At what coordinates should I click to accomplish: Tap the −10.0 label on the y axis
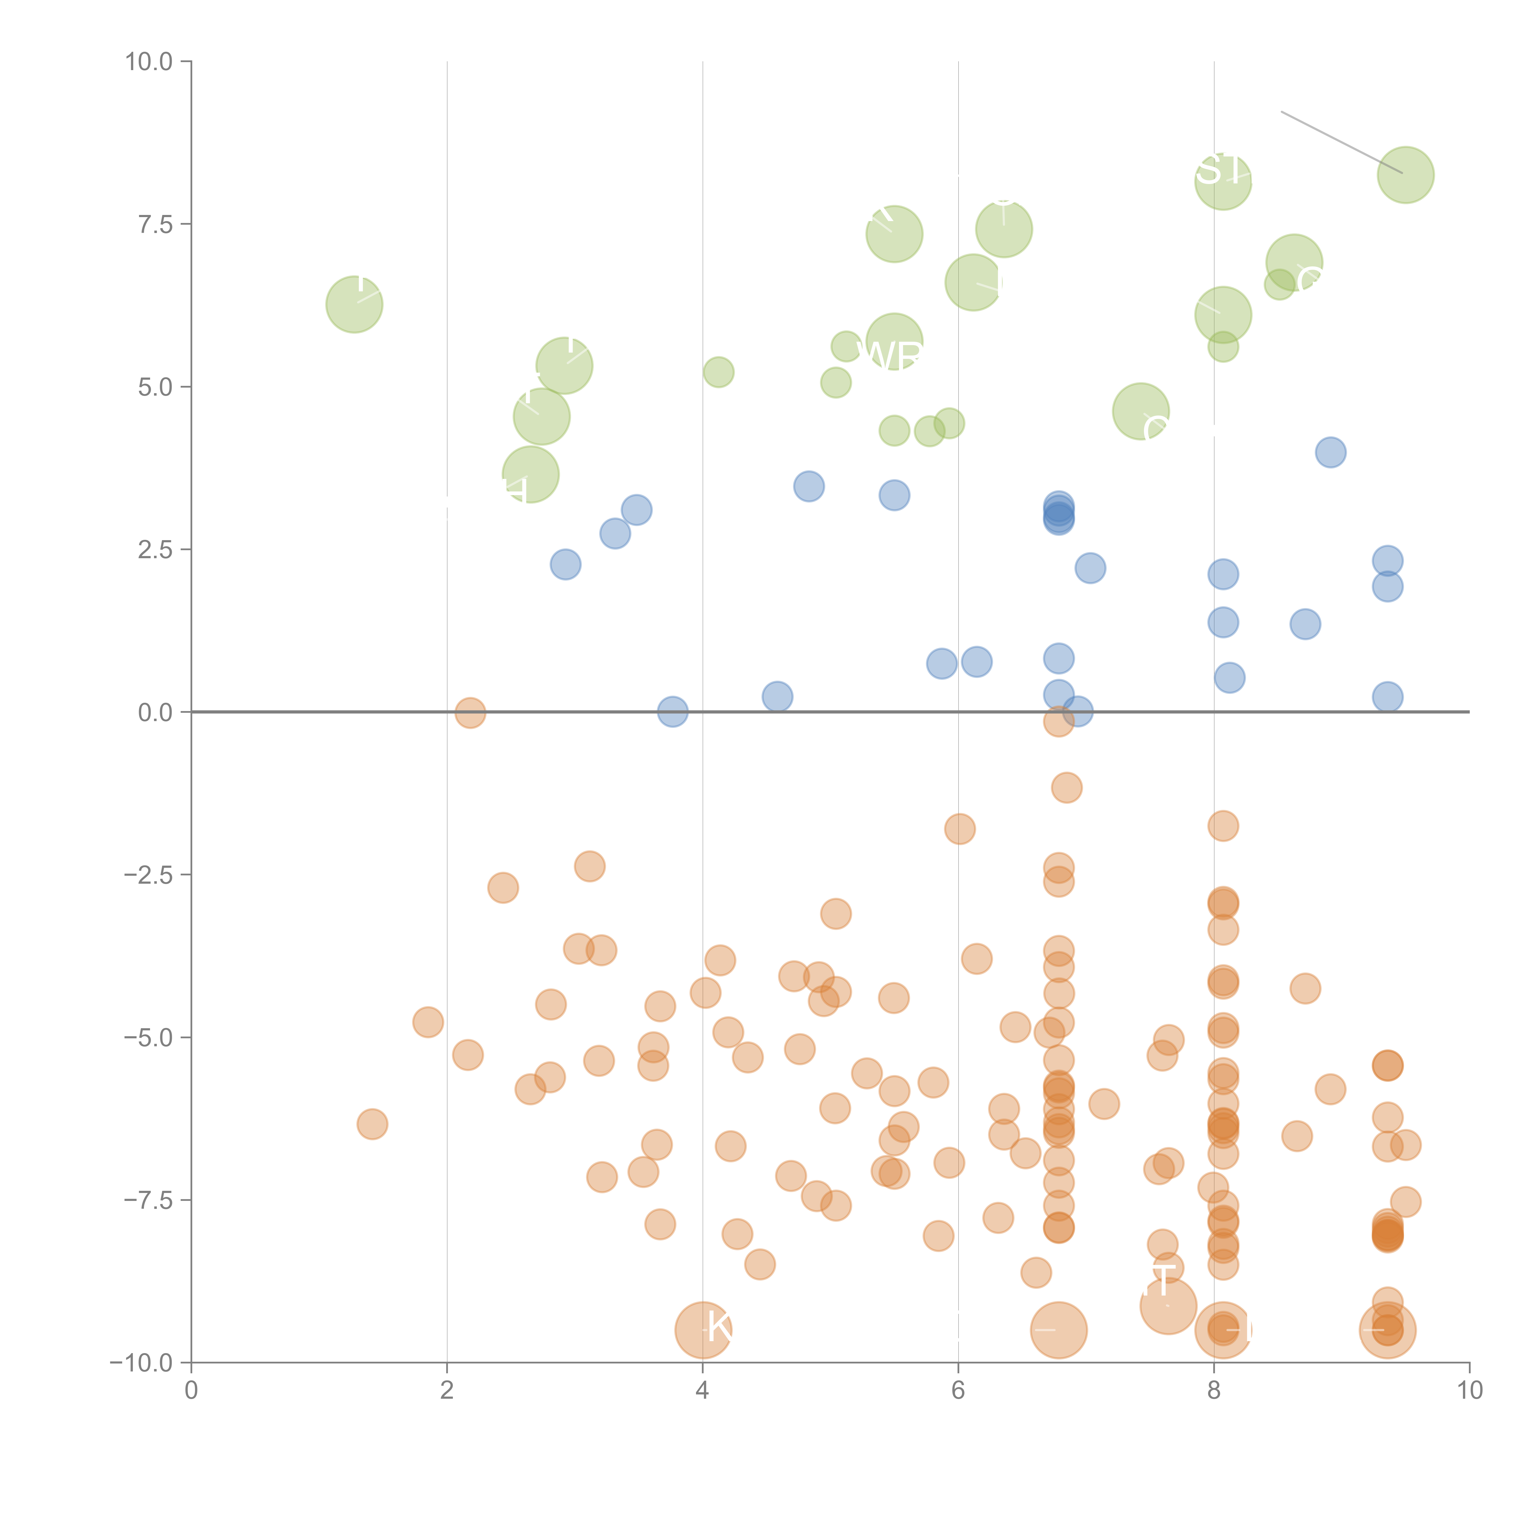click(x=141, y=1363)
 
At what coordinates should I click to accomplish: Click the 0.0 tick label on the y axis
click(x=155, y=713)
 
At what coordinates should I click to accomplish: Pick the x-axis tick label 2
click(x=447, y=1391)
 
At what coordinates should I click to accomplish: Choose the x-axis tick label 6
click(x=958, y=1391)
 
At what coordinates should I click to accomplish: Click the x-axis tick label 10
click(x=1469, y=1391)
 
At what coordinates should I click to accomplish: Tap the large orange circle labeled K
click(x=703, y=1330)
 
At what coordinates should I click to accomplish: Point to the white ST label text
click(x=1221, y=170)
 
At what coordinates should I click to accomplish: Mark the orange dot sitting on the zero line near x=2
click(x=470, y=713)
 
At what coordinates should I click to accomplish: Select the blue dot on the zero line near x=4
click(x=672, y=712)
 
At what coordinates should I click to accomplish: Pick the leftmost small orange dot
click(x=372, y=1124)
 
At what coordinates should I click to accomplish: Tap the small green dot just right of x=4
click(x=718, y=372)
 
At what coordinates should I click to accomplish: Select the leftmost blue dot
click(x=565, y=564)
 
